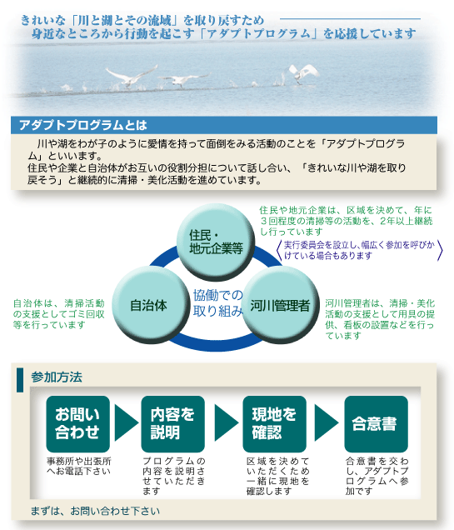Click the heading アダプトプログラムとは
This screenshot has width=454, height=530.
(83, 125)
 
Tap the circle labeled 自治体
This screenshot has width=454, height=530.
(150, 305)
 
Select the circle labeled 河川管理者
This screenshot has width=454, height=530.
(280, 305)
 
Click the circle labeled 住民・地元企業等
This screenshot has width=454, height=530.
(215, 242)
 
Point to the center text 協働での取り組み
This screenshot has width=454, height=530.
(218, 303)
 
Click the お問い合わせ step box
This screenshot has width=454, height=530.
(78, 423)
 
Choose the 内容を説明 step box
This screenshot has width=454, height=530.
(172, 423)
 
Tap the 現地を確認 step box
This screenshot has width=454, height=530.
(274, 423)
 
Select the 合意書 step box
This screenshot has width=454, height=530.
(376, 423)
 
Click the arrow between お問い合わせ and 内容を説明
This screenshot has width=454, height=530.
(126, 422)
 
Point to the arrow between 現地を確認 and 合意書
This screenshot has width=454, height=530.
(326, 422)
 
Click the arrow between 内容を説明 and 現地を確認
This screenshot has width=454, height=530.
(226, 422)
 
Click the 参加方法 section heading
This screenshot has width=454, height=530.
(57, 377)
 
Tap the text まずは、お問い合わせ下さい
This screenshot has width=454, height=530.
(95, 511)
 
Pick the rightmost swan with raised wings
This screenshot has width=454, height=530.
(303, 73)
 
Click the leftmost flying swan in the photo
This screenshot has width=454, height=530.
(131, 77)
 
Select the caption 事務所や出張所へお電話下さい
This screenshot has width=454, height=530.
(79, 466)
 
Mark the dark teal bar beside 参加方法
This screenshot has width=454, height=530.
(20, 380)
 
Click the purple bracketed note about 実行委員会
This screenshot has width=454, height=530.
(359, 250)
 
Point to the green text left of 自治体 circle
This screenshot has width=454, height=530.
(59, 314)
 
